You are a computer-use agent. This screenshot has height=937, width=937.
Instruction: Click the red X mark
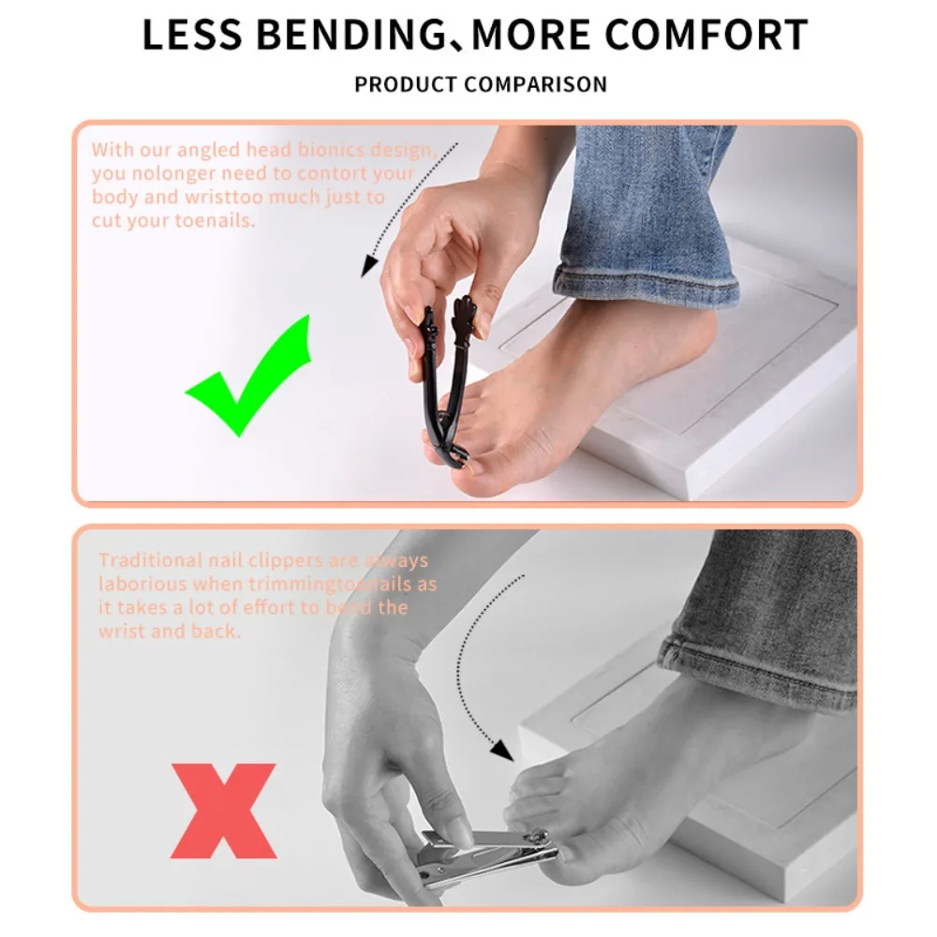224,811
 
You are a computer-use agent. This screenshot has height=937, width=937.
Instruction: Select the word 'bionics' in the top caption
335,150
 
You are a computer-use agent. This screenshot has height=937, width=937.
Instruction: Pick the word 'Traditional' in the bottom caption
150,560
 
